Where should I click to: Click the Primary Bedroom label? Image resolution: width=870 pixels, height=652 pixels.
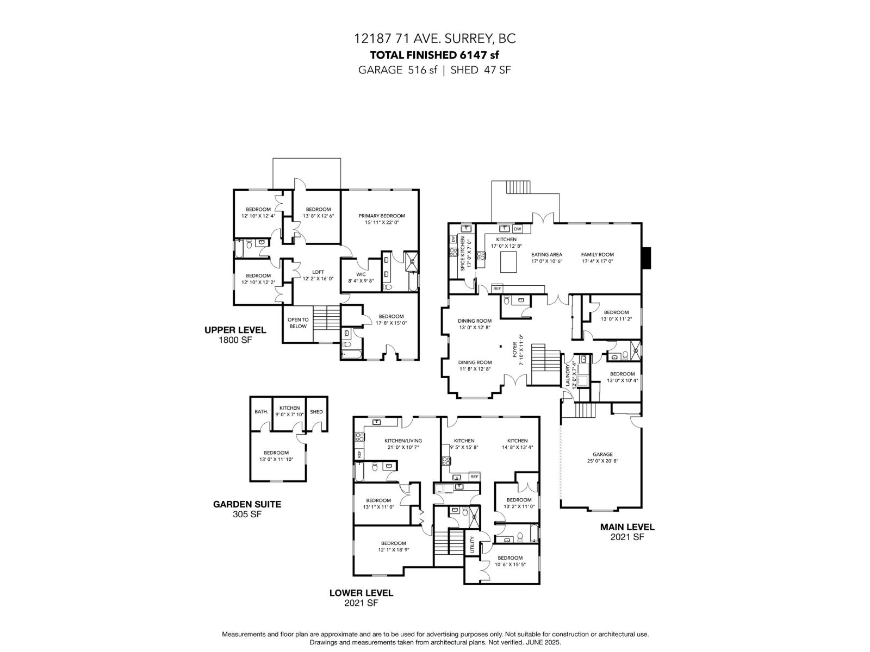[382, 216]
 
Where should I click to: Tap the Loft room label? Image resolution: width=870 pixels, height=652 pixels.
[318, 272]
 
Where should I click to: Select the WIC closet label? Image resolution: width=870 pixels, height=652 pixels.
[361, 274]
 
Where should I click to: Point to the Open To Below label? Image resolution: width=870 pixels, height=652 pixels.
[298, 323]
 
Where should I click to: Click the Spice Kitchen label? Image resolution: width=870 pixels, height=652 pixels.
[463, 253]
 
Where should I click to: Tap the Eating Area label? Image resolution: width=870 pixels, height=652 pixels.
[546, 254]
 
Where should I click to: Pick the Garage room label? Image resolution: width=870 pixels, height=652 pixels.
[602, 454]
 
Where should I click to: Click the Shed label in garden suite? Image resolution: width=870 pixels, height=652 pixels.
[316, 411]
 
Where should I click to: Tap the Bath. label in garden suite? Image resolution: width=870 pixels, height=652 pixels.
[261, 411]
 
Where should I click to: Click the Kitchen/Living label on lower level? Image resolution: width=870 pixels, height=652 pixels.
[403, 441]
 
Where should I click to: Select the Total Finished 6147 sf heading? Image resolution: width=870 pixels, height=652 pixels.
[434, 54]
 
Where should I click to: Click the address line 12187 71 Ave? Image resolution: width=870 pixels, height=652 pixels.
[434, 39]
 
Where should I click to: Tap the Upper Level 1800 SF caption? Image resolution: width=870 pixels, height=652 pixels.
[235, 335]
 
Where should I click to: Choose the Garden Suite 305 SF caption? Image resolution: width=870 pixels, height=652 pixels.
[247, 509]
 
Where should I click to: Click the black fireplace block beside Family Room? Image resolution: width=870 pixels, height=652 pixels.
[645, 258]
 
